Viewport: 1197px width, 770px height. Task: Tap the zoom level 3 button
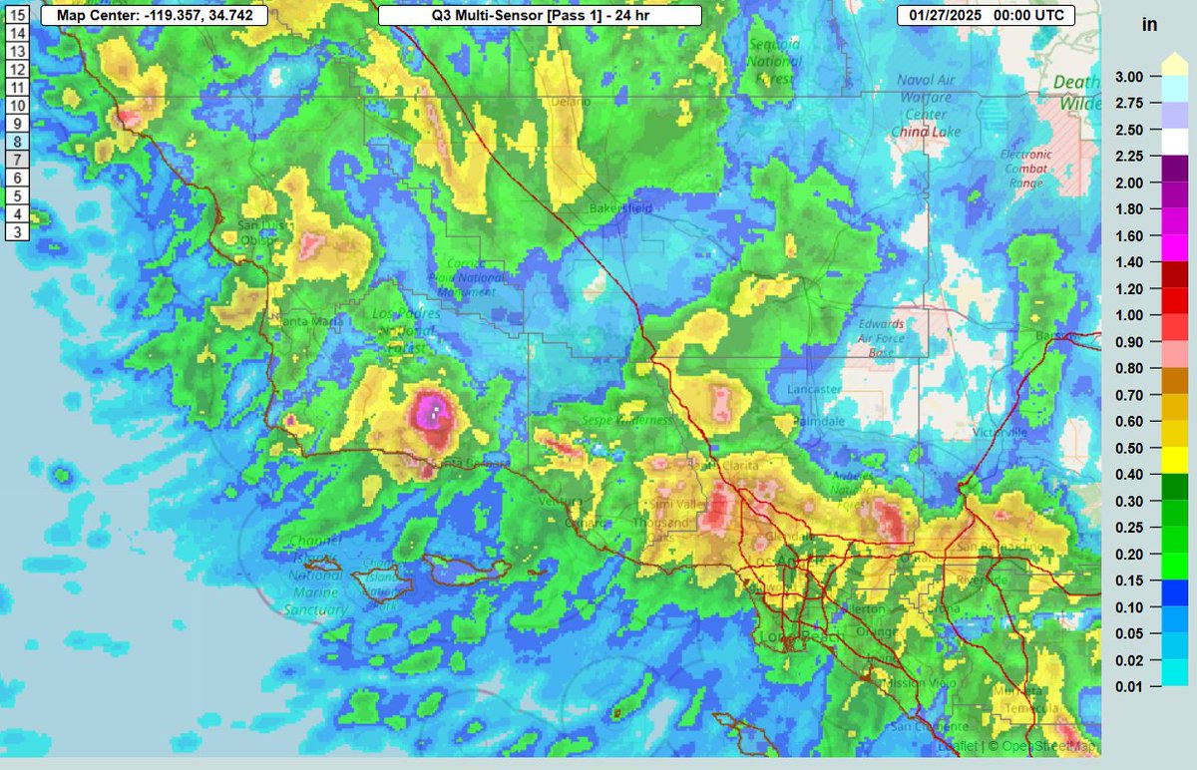[x=17, y=231]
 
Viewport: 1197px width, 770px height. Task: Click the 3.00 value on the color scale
[x=1130, y=76]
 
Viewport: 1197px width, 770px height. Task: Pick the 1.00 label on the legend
[x=1130, y=315]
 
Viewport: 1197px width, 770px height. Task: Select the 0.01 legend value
[x=1130, y=686]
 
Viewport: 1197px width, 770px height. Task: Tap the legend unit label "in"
[x=1149, y=25]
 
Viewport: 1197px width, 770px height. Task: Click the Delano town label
[x=567, y=101]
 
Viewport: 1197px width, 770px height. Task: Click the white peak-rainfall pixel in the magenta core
[x=436, y=408]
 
